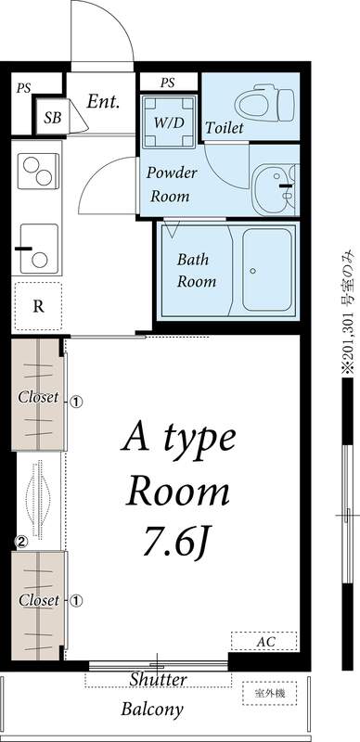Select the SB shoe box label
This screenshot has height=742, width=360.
point(51,119)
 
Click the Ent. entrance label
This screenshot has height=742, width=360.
point(103,102)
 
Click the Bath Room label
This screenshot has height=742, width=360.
point(196,269)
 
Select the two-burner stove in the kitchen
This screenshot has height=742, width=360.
point(38,173)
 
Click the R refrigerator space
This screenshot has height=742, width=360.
point(38,306)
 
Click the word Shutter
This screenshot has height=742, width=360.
point(158,680)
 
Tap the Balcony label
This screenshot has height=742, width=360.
point(151,710)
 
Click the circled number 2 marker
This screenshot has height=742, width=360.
point(19,541)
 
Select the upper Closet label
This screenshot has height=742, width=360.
point(38,397)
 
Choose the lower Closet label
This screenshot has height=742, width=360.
point(38,600)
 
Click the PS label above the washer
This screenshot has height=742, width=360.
point(167,83)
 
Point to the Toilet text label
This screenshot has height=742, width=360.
point(225,128)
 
